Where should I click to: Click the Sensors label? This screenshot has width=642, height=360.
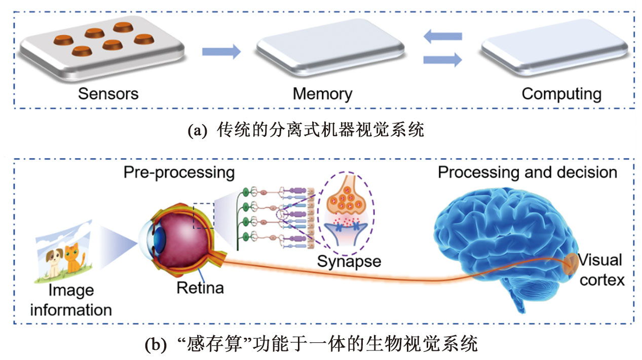pyautogui.click(x=108, y=94)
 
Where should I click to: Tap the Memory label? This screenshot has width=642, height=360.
pyautogui.click(x=322, y=94)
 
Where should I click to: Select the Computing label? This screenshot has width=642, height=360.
pyautogui.click(x=561, y=94)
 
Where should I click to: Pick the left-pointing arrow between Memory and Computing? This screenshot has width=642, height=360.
pyautogui.click(x=442, y=36)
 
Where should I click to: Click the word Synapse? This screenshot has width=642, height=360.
pyautogui.click(x=349, y=261)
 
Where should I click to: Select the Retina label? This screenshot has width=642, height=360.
pyautogui.click(x=200, y=288)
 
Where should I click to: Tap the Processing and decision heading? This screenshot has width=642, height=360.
pyautogui.click(x=527, y=172)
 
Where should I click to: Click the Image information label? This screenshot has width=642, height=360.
pyautogui.click(x=71, y=300)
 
